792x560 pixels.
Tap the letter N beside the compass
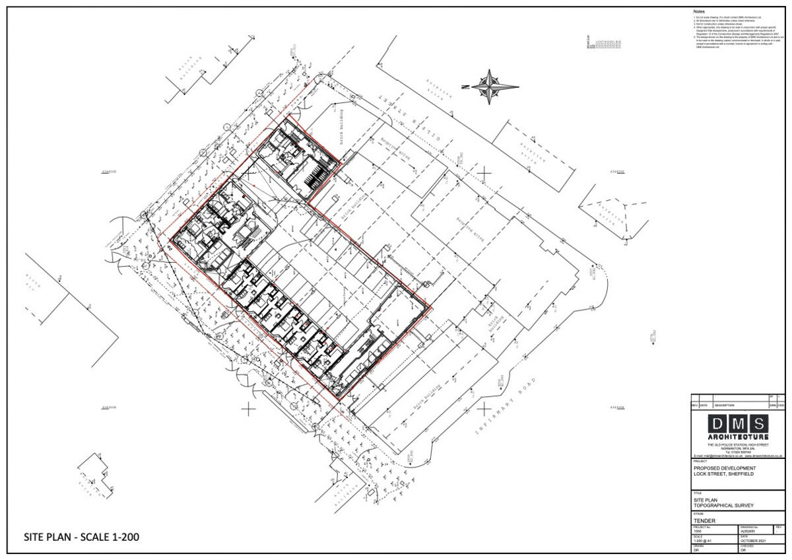click(465, 87)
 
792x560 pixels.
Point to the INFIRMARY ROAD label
click(504, 407)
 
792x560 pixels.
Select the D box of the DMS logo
click(717, 424)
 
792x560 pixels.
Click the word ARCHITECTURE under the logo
click(738, 437)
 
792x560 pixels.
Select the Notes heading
click(699, 12)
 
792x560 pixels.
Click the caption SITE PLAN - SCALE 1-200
click(81, 537)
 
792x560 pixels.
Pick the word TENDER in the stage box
click(704, 520)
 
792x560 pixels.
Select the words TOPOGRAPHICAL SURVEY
click(723, 506)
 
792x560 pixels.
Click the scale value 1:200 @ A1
click(702, 541)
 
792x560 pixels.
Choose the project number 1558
click(698, 531)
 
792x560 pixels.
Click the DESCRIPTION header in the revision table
click(723, 405)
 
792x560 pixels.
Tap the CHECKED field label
click(747, 546)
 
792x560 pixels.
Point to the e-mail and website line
click(738, 456)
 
